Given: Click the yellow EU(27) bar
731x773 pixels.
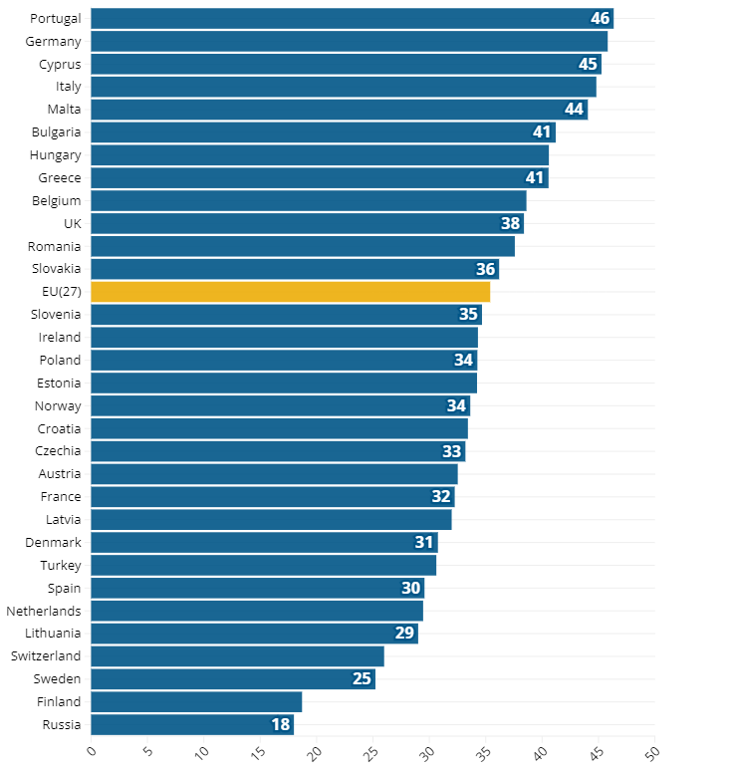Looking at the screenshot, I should [x=290, y=292].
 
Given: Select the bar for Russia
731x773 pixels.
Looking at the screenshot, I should [x=192, y=724].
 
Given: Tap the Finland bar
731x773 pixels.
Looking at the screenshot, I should [x=196, y=702].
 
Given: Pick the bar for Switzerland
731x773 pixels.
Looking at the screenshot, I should [x=237, y=656].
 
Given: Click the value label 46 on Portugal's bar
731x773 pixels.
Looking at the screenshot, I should [x=600, y=19].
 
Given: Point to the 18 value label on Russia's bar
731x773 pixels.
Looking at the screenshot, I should [x=280, y=724].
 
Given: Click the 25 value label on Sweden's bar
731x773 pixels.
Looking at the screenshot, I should [x=362, y=679].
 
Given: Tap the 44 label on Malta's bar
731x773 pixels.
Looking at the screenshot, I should [x=574, y=110].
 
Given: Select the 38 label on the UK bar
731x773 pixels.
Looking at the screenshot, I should [x=511, y=224].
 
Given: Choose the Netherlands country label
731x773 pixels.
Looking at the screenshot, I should [x=44, y=611].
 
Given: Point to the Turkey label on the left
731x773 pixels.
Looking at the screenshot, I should [x=60, y=565].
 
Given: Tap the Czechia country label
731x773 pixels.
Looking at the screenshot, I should [x=58, y=450].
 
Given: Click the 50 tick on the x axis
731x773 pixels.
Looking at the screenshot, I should [x=652, y=750].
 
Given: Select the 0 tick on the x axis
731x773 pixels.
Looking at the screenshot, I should [x=91, y=748].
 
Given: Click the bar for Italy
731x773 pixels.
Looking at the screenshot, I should [x=343, y=87].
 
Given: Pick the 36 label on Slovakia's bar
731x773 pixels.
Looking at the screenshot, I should [x=485, y=269].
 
